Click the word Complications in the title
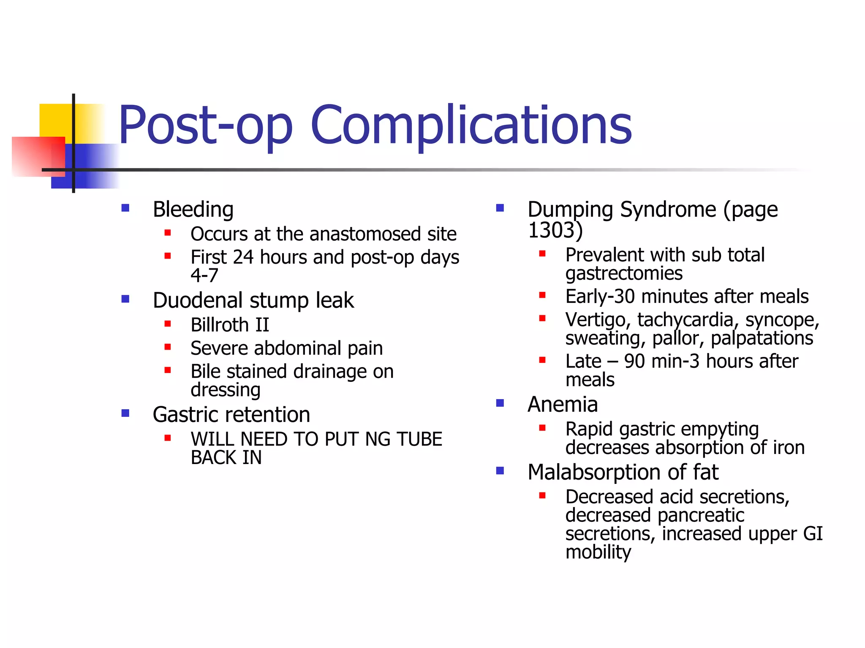(x=471, y=126)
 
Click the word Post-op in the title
(x=206, y=126)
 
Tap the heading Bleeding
(x=193, y=210)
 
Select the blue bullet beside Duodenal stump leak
(x=125, y=299)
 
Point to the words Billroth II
(x=230, y=325)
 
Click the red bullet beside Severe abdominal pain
(x=168, y=347)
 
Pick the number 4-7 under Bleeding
(x=204, y=275)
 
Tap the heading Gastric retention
(x=231, y=415)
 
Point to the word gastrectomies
(x=624, y=273)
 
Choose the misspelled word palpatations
(x=762, y=338)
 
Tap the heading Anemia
(x=563, y=405)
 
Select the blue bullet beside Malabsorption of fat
(x=500, y=471)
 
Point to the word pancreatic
(x=701, y=516)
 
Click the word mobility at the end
(x=598, y=552)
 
